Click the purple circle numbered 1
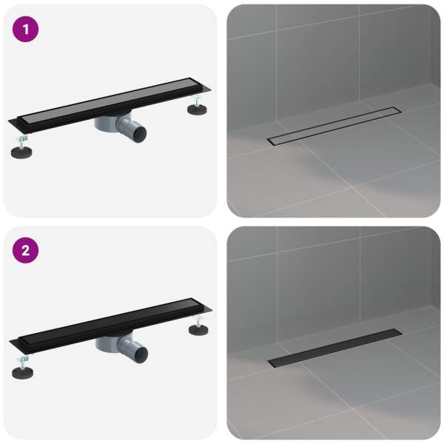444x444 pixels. (25, 29)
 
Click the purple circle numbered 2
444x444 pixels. (25, 250)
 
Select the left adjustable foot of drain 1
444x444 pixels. (21, 152)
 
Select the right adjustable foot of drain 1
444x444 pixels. (197, 110)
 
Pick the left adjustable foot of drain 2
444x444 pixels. (22, 373)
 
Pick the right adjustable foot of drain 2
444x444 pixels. (198, 329)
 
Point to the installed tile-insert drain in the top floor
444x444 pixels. (334, 126)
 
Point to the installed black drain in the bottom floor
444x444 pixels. (335, 348)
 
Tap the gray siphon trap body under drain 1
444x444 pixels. (106, 124)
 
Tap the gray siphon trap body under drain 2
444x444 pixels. (107, 344)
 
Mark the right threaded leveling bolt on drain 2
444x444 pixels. (198, 320)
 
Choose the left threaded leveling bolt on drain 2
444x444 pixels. (24, 362)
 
